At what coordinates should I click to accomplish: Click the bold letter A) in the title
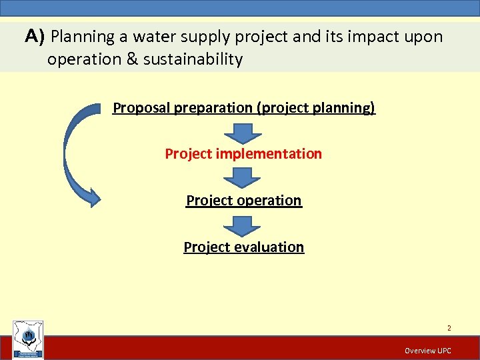point(35,37)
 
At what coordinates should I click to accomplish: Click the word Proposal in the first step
point(141,107)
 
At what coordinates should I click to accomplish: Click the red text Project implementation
point(243,154)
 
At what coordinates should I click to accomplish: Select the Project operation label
point(243,201)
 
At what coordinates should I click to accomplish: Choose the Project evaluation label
point(243,247)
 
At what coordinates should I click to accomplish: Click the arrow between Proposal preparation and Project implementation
point(243,132)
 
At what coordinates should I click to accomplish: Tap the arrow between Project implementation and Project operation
point(243,177)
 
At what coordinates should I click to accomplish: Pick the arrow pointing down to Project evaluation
point(243,225)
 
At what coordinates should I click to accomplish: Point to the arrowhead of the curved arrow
point(91,197)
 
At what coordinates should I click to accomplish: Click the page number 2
point(449,328)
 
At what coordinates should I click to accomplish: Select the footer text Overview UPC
point(427,351)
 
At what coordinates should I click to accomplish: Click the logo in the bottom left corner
point(28,339)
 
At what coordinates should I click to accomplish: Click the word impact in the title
point(365,37)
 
